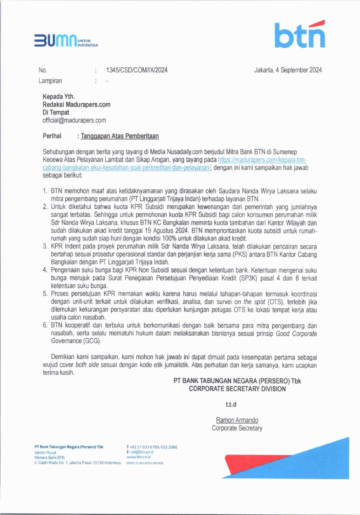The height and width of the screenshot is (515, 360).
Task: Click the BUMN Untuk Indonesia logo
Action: point(66,41)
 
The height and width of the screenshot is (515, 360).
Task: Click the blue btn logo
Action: point(300,34)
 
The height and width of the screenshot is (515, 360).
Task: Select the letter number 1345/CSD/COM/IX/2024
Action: point(137,70)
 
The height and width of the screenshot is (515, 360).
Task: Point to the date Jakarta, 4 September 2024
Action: point(288,70)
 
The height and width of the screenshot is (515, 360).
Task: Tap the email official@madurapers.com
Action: point(74,120)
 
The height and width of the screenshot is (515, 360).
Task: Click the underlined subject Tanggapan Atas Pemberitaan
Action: point(120,136)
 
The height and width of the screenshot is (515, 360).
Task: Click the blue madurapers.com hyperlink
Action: point(262,160)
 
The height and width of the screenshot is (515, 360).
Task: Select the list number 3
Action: point(45,247)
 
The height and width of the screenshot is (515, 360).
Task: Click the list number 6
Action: point(45,325)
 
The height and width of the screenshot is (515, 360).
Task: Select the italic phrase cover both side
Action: point(79,365)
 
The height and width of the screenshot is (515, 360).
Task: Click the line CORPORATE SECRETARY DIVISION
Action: point(237,389)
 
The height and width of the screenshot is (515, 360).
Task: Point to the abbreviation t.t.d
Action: point(231,405)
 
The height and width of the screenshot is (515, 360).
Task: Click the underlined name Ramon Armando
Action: point(237,420)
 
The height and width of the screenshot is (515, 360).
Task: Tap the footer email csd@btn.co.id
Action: point(142,452)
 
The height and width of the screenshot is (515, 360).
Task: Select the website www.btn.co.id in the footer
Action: point(139,457)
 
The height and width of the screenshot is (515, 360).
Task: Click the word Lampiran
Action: point(50,81)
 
